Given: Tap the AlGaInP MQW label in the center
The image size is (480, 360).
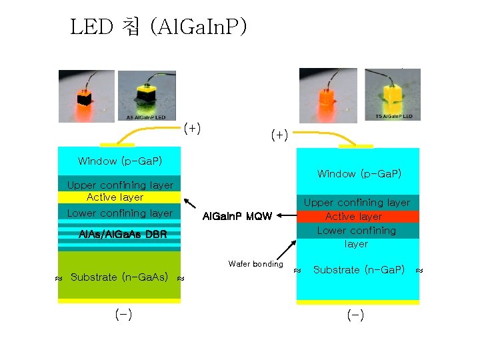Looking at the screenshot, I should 237,216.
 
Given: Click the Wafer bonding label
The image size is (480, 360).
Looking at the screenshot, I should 255,264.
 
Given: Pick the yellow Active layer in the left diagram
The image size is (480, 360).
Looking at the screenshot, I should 119,197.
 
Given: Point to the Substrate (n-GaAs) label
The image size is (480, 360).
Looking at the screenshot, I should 119,277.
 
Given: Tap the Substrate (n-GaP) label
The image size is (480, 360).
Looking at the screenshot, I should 358,270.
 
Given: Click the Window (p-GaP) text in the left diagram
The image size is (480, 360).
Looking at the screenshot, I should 119,161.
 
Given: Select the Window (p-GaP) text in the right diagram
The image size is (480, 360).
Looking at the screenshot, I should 359,174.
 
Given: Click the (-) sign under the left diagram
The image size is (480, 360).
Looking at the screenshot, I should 123,315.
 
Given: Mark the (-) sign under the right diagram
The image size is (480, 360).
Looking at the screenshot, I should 355,315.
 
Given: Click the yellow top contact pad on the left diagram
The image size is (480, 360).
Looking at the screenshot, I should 117,145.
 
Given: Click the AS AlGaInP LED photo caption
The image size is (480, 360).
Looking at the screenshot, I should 147,117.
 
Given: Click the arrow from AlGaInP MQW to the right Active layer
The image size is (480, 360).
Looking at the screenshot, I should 286,215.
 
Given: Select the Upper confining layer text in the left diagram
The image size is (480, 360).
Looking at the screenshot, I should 119,185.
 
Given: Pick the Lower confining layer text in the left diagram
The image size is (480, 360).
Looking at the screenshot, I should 119,213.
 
